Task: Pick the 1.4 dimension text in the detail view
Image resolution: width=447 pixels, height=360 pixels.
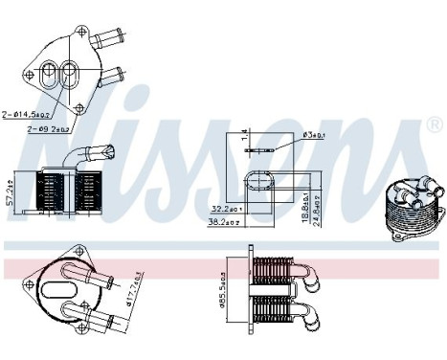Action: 244,134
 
